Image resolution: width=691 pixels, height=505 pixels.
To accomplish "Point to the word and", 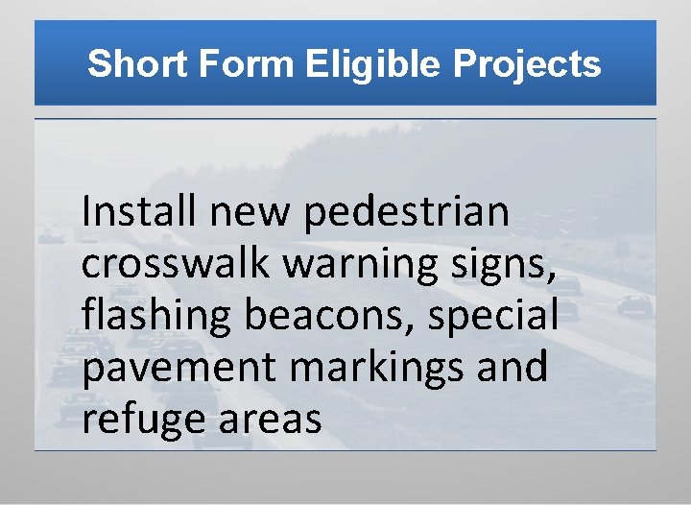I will point(515,368).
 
